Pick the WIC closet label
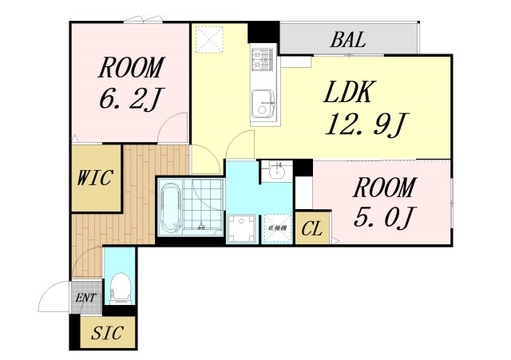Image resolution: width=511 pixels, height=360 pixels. coord(96,178)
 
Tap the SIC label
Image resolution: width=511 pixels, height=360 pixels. coord(107,334)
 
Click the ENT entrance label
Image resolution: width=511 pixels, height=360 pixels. coord(85,299)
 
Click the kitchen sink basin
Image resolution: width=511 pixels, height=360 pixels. coord(263,104)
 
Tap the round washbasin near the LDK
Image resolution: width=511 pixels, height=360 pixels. coord(278,171)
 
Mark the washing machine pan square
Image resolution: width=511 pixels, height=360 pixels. coord(241,228)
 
